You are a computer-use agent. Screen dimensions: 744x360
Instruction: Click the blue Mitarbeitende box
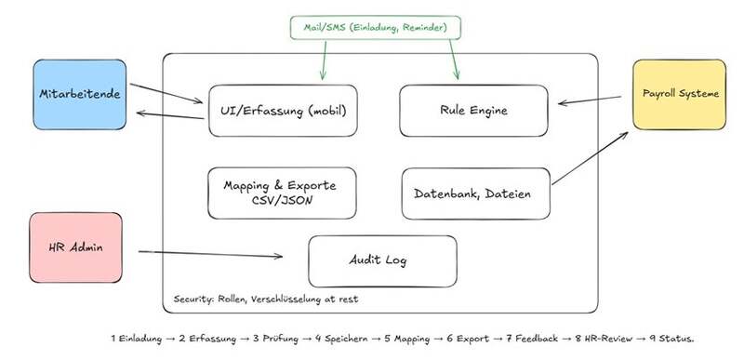(80, 94)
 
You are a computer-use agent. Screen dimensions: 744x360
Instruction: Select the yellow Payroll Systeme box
(679, 94)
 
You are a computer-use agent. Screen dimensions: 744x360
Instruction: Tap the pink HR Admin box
(76, 247)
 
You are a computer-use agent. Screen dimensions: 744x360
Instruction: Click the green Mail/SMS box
(376, 28)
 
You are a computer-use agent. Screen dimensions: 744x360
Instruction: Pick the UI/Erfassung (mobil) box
(283, 111)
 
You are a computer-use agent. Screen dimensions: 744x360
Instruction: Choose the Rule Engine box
(473, 111)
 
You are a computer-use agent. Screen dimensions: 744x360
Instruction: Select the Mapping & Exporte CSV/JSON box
(282, 193)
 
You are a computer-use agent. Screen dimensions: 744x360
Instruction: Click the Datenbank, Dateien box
(476, 193)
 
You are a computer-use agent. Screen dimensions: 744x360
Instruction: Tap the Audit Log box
(382, 261)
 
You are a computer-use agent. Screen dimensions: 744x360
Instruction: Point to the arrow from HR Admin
(210, 254)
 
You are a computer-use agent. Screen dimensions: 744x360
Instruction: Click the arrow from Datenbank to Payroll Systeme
(590, 158)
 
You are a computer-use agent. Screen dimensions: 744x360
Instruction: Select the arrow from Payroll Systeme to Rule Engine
(590, 100)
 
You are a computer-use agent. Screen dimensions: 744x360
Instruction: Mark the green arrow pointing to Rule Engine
(454, 60)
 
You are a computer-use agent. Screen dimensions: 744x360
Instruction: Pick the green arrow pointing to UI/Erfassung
(325, 60)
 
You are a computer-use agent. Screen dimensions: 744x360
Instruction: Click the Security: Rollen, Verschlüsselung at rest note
(266, 300)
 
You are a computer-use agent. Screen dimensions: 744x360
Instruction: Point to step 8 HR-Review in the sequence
(597, 339)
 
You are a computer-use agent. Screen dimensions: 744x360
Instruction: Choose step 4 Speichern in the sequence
(341, 339)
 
